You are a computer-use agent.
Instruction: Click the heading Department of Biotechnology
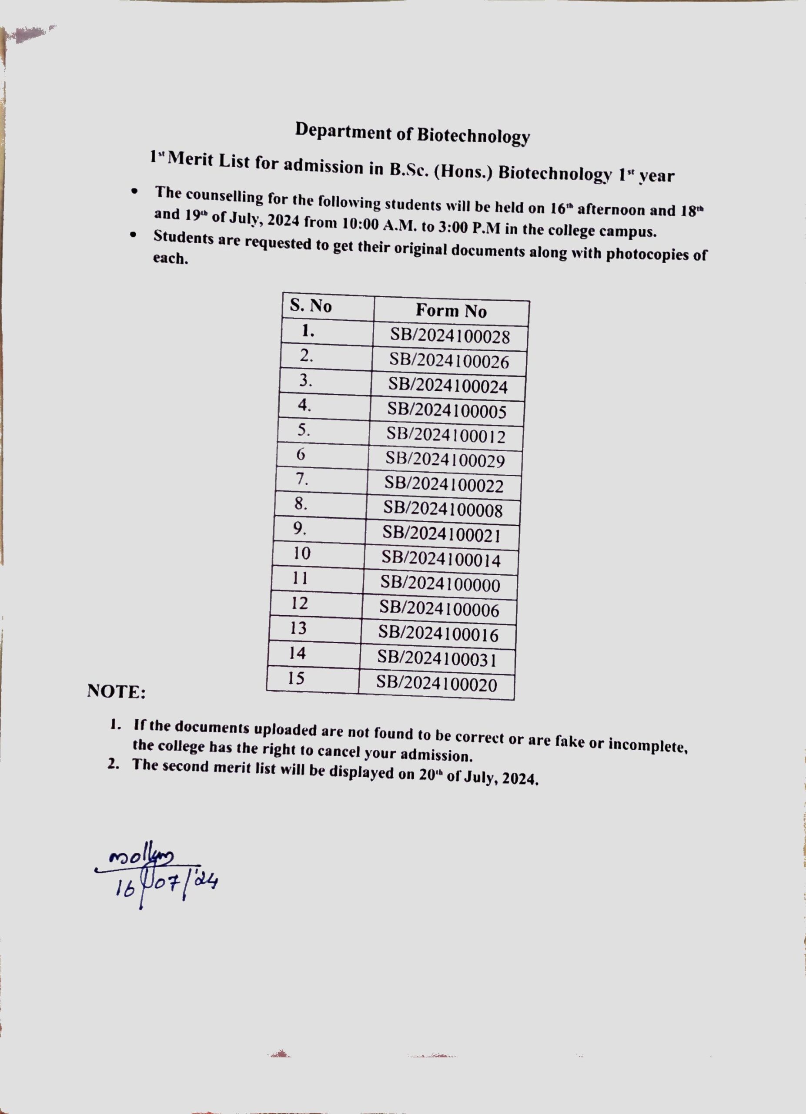click(x=412, y=133)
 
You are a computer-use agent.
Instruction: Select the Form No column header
click(x=451, y=311)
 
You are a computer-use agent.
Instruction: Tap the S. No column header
click(x=311, y=306)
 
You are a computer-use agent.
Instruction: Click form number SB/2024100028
click(x=450, y=336)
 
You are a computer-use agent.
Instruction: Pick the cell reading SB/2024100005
click(x=447, y=411)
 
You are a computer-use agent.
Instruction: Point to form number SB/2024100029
click(x=445, y=460)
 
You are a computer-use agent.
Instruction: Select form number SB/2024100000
click(x=440, y=584)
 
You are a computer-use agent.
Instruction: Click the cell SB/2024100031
click(x=437, y=659)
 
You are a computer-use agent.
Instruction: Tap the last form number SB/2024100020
click(x=436, y=684)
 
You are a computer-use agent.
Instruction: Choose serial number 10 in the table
click(x=302, y=554)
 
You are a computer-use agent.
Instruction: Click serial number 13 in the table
click(x=298, y=628)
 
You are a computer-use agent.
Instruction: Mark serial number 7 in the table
click(x=302, y=479)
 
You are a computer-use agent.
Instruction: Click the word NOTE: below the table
click(x=116, y=691)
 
